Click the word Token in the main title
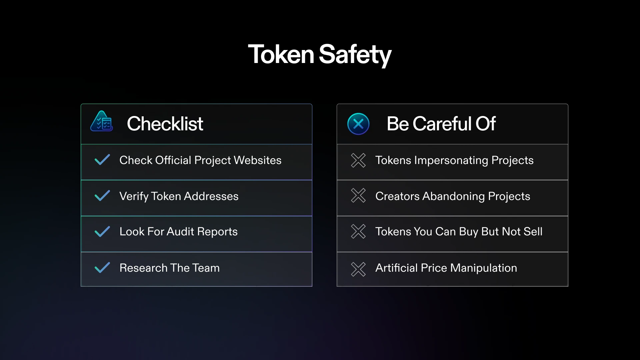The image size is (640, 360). pyautogui.click(x=281, y=54)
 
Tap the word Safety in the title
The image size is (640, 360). pyautogui.click(x=355, y=55)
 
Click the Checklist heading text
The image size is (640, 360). pyautogui.click(x=165, y=124)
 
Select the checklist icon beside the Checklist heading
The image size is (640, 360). pyautogui.click(x=102, y=121)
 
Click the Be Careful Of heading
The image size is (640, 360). pyautogui.click(x=441, y=124)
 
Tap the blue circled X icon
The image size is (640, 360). pyautogui.click(x=358, y=124)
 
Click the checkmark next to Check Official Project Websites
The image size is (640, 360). pyautogui.click(x=102, y=160)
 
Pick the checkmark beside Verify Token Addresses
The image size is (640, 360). pyautogui.click(x=102, y=196)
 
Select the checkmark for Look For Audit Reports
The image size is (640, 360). pyautogui.click(x=102, y=232)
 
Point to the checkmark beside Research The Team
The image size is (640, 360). pyautogui.click(x=102, y=268)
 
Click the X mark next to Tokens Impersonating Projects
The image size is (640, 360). pyautogui.click(x=358, y=160)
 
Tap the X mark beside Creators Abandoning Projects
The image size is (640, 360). pyautogui.click(x=358, y=196)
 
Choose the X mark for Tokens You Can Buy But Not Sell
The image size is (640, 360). pyautogui.click(x=358, y=231)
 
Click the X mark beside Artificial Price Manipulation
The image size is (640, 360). pyautogui.click(x=358, y=269)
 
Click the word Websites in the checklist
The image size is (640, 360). pyautogui.click(x=258, y=160)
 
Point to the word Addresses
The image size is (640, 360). pyautogui.click(x=211, y=196)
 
